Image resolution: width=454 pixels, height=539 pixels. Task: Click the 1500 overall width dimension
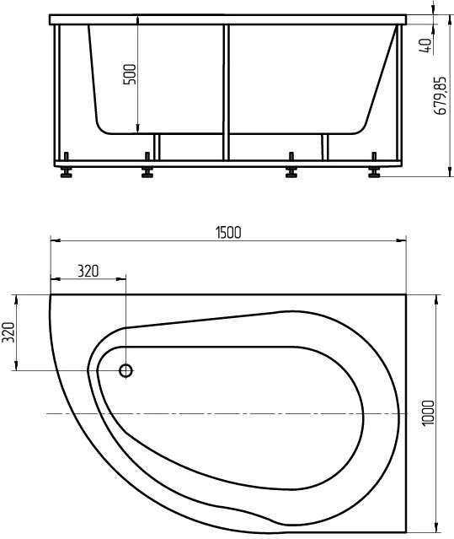point(229,233)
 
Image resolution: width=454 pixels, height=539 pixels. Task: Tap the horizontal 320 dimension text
point(88,271)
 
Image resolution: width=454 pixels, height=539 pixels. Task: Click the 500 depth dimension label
point(129,78)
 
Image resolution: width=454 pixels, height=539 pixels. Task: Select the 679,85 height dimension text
point(440,99)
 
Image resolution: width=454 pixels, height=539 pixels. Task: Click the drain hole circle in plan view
point(126,370)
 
